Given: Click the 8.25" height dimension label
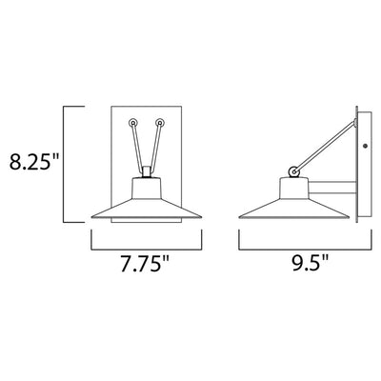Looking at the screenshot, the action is [34, 162].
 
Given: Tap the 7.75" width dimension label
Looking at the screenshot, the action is [145, 263].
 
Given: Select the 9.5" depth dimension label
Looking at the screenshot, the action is [310, 263].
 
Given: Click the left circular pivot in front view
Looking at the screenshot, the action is [133, 123].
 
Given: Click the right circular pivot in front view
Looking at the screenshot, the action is [160, 123].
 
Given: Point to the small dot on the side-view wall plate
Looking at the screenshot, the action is [365, 146].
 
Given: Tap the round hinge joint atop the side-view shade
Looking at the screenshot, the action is [294, 172].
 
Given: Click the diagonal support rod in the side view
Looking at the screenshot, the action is [325, 147].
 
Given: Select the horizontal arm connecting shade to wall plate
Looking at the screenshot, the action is [332, 188].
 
